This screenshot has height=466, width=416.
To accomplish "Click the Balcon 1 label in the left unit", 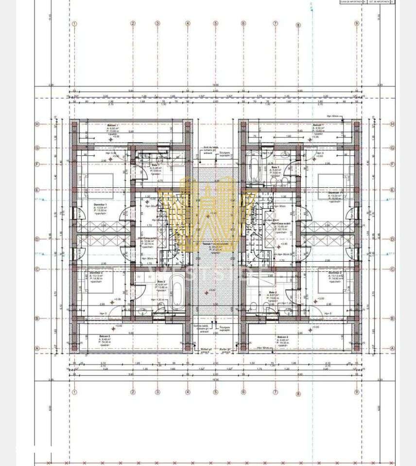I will tap(113, 125).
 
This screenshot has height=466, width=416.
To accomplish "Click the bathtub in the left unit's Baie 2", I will tap(177, 294).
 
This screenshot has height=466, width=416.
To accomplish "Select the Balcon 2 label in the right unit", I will tap(283, 336).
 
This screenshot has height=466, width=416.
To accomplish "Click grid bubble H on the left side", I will tap(37, 124).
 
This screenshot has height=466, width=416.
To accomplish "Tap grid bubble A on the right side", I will tap(392, 348).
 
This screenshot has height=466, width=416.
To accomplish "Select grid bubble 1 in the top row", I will tap(74, 23).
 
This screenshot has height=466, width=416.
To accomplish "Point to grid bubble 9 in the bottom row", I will tap(357, 392).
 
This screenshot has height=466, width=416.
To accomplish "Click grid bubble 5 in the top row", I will tap(216, 23).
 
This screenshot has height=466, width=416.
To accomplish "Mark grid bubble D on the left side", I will tap(37, 239).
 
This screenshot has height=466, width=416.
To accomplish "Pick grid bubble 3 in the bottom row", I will tap(157, 392).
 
